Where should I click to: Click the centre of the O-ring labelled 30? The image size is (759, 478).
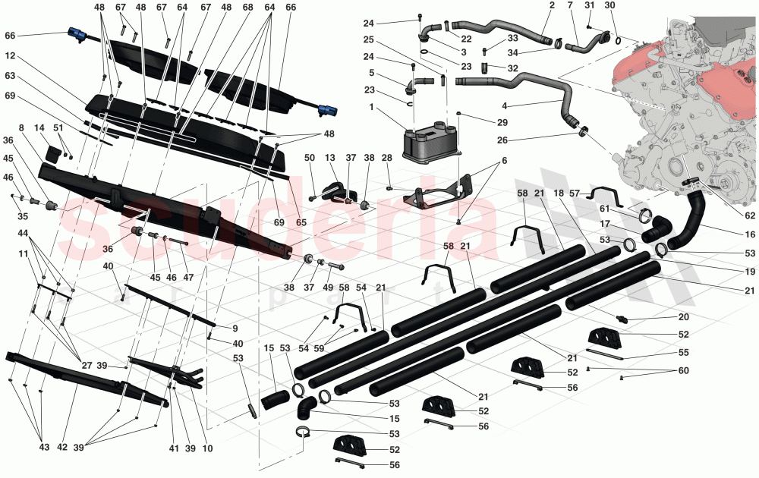pyautogui.click(x=619, y=40)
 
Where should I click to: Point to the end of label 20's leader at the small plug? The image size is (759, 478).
pyautogui.click(x=628, y=319)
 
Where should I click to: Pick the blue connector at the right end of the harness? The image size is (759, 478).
pyautogui.click(x=324, y=109)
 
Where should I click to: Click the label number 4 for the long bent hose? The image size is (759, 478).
pyautogui.click(x=504, y=105)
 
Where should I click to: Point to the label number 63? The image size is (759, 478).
pyautogui.click(x=10, y=76)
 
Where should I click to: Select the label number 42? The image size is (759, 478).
pyautogui.click(x=62, y=447)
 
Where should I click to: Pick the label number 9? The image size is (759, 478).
pyautogui.click(x=235, y=328)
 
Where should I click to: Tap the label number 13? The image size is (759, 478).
pyautogui.click(x=329, y=158)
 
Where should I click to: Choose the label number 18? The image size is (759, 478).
pyautogui.click(x=559, y=193)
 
